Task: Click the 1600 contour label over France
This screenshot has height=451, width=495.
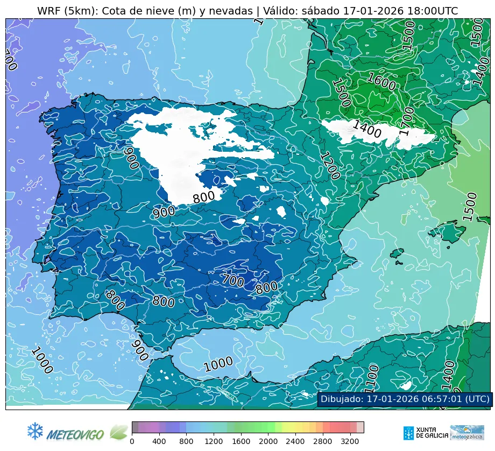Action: pos(381,82)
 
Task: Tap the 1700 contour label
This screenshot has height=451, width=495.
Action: pos(407,121)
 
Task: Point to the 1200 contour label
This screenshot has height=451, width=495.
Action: pos(330,165)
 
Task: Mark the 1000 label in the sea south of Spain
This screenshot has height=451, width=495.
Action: pos(218,364)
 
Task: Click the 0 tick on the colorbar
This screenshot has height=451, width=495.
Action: pos(132,441)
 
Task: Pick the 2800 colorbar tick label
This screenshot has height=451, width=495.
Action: pos(323,441)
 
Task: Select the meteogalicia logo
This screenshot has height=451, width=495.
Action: pos(467,432)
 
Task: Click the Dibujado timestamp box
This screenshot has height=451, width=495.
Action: pos(404,399)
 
